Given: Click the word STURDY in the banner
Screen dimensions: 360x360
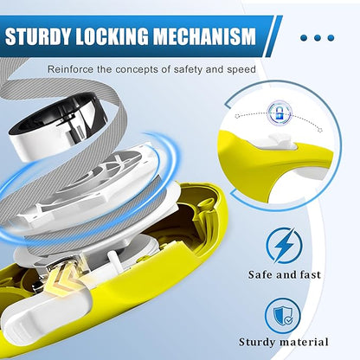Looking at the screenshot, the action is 38,36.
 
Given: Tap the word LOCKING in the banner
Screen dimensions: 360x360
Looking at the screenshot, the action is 112,36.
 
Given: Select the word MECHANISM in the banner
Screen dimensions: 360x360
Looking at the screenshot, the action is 204,36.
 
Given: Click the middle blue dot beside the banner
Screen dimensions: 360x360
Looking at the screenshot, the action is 318,38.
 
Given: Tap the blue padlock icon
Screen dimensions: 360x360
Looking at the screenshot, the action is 280,113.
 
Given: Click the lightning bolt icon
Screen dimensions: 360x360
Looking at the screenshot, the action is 284,246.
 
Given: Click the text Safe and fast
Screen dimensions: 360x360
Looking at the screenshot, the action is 285,274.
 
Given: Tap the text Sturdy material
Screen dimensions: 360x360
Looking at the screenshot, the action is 284,342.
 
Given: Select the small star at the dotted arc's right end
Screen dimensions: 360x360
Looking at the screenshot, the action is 320,130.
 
